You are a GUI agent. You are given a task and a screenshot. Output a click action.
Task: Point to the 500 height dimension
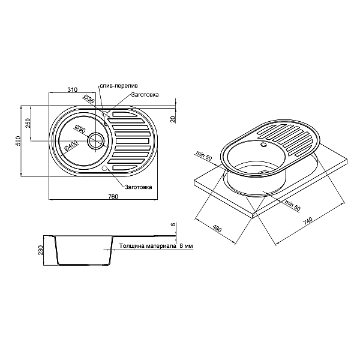[x=19, y=140]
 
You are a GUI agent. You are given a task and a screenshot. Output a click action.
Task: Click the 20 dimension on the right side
[x=173, y=118]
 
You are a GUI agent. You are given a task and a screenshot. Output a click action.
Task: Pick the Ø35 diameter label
[x=86, y=100]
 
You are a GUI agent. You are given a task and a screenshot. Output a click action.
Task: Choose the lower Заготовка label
[x=138, y=187]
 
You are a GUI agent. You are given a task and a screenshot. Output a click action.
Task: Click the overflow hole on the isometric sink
[x=263, y=144]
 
